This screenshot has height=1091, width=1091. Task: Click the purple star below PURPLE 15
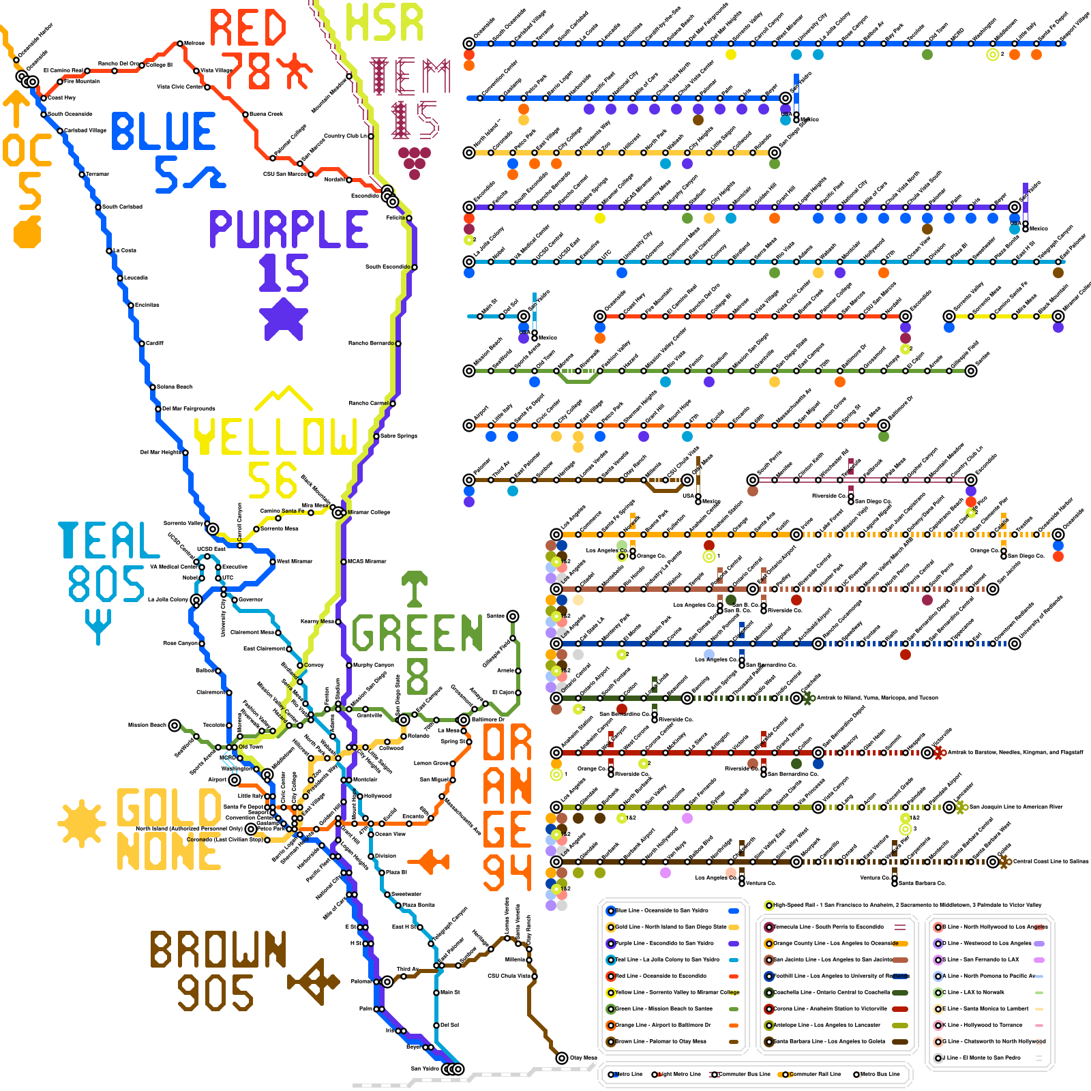click(284, 317)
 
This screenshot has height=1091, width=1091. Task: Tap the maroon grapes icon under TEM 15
click(414, 162)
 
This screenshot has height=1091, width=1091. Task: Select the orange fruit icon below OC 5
click(27, 232)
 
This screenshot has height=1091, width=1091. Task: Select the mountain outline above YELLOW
click(283, 399)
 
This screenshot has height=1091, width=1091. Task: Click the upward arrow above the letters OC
click(16, 109)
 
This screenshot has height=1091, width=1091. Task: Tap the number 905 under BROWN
click(215, 992)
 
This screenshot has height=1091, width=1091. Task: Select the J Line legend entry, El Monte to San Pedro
click(985, 1058)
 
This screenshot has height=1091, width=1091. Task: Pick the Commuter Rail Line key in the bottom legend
click(811, 1074)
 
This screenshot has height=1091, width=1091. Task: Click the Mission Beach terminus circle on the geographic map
click(175, 725)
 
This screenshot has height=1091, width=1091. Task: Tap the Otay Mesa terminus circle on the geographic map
click(562, 1058)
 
